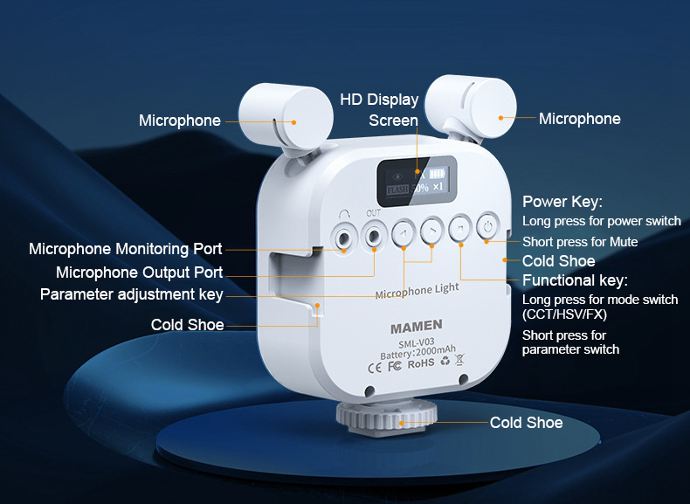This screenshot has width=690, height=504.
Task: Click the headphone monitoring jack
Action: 343,238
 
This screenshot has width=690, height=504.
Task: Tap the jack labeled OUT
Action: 374,236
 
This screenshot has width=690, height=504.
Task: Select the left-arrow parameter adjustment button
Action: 404,233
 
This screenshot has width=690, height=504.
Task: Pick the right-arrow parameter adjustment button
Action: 431,231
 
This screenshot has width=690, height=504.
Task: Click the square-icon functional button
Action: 460,228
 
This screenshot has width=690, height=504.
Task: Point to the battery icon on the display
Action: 437,174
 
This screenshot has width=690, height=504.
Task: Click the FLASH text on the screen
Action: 397,190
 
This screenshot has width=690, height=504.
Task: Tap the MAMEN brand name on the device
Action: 417,327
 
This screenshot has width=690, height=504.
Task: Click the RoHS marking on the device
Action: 421,364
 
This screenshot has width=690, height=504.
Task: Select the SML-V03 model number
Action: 417,342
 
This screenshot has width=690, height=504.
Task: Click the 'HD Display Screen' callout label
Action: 379,109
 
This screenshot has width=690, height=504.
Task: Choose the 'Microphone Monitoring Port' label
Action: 126,249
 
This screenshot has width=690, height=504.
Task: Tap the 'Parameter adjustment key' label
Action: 132,294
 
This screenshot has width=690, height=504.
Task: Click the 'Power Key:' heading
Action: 562,202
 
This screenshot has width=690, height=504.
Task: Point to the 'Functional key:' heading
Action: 576,280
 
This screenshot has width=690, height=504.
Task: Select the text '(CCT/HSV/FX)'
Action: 564,314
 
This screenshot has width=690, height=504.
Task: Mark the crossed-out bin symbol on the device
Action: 459,360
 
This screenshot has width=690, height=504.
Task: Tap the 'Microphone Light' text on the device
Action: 417,291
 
